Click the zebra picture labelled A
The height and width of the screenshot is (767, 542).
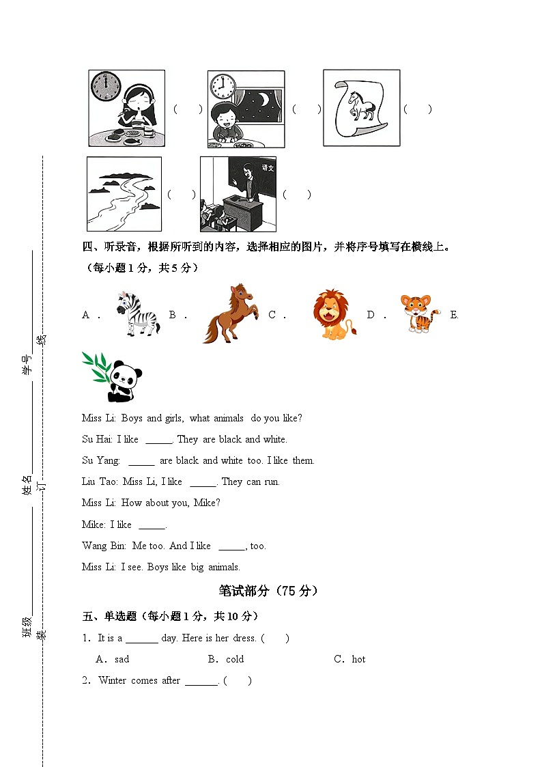click(137, 314)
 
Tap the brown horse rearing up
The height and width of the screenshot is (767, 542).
click(230, 314)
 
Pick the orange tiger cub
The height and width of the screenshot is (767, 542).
click(419, 313)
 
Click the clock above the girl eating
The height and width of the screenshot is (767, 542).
click(106, 87)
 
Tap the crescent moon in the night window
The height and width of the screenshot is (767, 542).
click(263, 100)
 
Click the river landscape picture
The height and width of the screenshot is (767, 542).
click(124, 195)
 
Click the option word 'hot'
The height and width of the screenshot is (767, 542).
click(358, 659)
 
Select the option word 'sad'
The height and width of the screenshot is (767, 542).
click(122, 659)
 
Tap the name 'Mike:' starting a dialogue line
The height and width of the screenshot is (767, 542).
click(94, 525)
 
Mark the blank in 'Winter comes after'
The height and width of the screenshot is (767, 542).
click(201, 682)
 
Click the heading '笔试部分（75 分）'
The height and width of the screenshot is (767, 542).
click(269, 591)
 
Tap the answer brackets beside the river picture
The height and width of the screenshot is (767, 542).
click(181, 195)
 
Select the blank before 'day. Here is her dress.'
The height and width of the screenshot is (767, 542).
click(141, 639)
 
